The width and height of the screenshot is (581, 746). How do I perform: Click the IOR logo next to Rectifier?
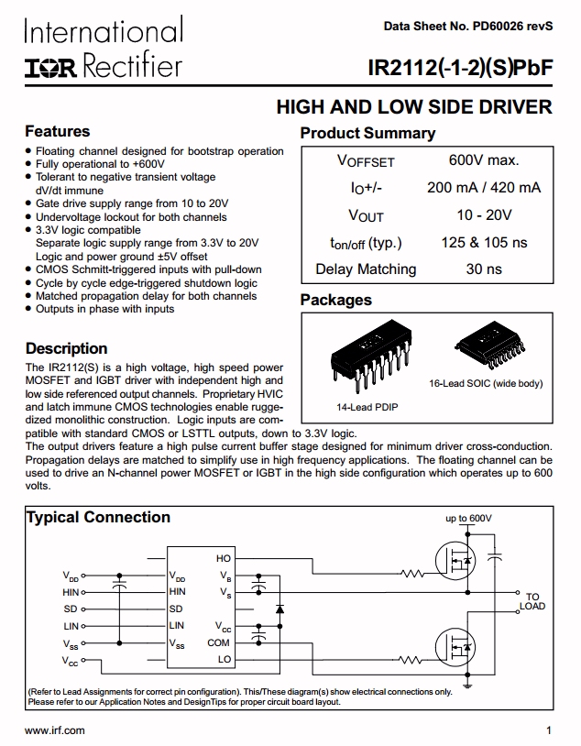click(x=50, y=66)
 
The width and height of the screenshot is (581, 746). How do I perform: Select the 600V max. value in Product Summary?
click(x=484, y=160)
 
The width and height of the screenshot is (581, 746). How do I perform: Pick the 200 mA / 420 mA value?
click(x=484, y=188)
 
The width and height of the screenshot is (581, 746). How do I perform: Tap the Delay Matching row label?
click(x=366, y=269)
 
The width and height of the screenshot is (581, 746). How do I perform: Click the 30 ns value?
click(x=484, y=269)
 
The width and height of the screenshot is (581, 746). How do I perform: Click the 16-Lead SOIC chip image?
click(x=493, y=348)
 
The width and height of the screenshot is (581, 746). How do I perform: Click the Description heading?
click(x=66, y=348)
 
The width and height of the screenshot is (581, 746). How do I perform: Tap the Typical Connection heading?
click(x=98, y=518)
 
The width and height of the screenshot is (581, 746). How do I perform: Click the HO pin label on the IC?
click(x=224, y=558)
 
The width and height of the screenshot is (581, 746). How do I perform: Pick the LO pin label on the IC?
click(x=225, y=659)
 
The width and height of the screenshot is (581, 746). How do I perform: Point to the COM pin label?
click(x=219, y=642)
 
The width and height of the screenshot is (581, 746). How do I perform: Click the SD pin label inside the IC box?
click(x=175, y=609)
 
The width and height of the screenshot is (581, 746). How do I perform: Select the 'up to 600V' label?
click(x=468, y=519)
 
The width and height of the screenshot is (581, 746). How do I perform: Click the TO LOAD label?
click(x=532, y=601)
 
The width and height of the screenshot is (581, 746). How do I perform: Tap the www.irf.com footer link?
click(x=54, y=730)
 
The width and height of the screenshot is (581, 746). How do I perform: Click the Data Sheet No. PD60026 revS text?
click(x=468, y=27)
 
